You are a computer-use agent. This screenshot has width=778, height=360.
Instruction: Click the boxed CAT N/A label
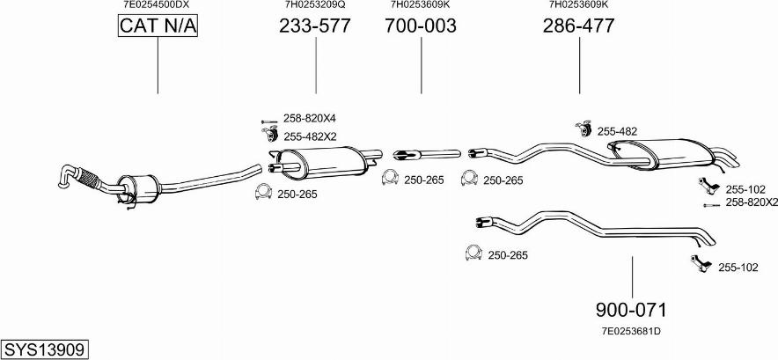158,26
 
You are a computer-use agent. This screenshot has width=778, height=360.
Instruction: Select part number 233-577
315,26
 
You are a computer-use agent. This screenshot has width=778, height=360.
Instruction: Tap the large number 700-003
421,26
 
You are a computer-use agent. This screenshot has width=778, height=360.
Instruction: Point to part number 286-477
578,26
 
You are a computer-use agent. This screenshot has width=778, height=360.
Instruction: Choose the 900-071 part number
631,310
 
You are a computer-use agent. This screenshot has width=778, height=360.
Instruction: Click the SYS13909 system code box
45,349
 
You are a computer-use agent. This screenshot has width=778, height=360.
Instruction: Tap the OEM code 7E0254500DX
157,5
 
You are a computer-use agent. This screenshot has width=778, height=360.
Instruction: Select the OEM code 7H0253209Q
315,5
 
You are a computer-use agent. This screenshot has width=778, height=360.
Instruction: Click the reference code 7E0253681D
631,331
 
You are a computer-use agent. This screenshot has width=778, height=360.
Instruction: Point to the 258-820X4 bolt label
310,119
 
